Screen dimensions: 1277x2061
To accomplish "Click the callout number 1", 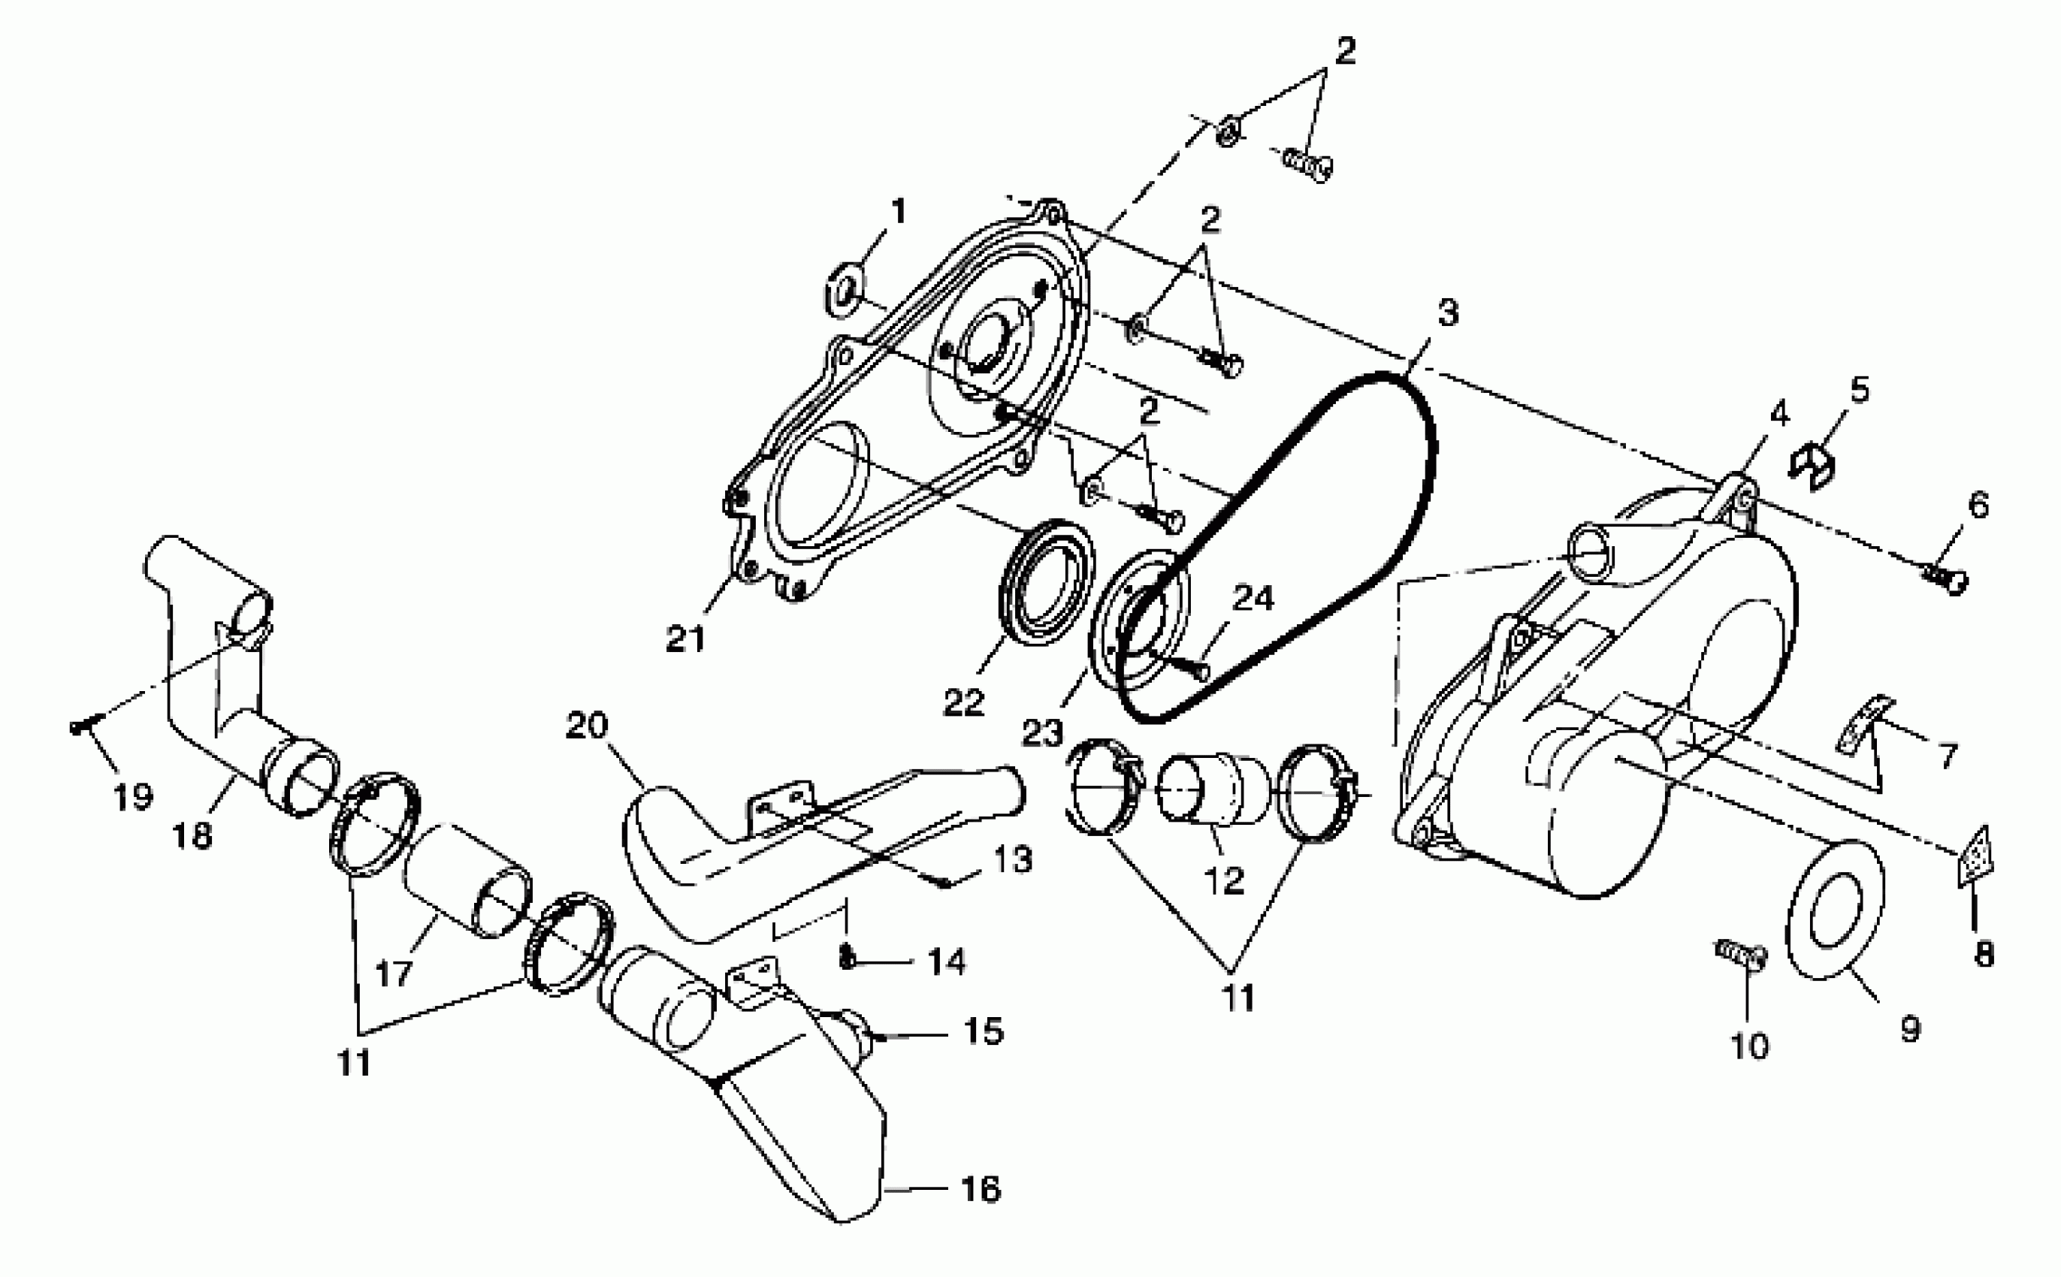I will pyautogui.click(x=898, y=211).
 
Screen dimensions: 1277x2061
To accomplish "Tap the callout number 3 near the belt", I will pyautogui.click(x=1448, y=312).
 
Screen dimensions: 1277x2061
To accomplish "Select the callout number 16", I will pyautogui.click(x=981, y=1189).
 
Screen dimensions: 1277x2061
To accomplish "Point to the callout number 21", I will pyautogui.click(x=684, y=639).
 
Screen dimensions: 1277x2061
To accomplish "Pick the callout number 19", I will pyautogui.click(x=132, y=796).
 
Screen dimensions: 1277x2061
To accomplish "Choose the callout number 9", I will pyautogui.click(x=1910, y=1028).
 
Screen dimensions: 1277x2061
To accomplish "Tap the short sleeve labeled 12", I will pyautogui.click(x=1213, y=789).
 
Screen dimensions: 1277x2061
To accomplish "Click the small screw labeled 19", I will pyautogui.click(x=86, y=724).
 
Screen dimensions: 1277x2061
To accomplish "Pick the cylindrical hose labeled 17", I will pyautogui.click(x=467, y=883).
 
